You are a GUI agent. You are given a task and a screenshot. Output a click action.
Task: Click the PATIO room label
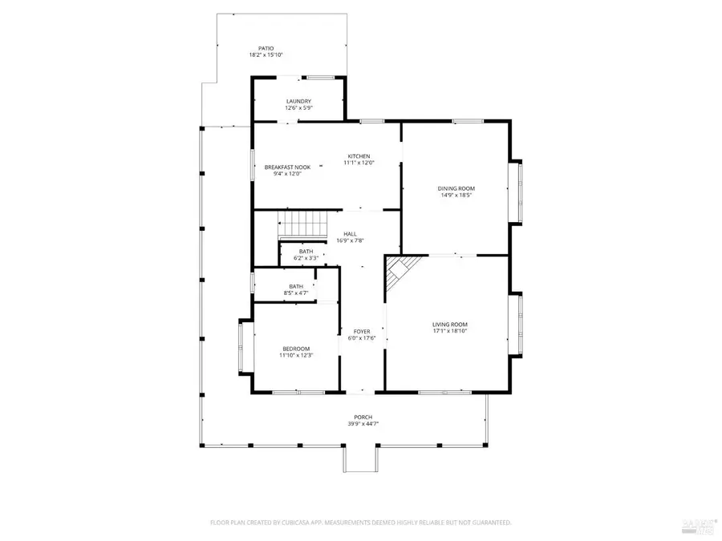coord(266,48)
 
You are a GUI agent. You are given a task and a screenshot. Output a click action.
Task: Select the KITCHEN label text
coord(358,155)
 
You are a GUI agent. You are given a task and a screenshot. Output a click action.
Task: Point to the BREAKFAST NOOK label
coord(286,168)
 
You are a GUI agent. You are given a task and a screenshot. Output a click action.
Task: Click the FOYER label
coord(362,331)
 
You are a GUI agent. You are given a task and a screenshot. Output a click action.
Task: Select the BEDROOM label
coord(296,348)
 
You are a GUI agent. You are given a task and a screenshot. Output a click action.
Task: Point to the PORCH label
coord(363,417)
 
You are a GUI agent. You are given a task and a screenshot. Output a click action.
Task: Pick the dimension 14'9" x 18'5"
coord(456,195)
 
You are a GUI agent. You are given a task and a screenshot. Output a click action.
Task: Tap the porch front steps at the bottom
coord(360,459)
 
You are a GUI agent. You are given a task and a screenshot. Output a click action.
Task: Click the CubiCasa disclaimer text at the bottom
coord(360,523)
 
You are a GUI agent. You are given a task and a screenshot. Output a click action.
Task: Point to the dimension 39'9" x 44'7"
coord(363,424)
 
